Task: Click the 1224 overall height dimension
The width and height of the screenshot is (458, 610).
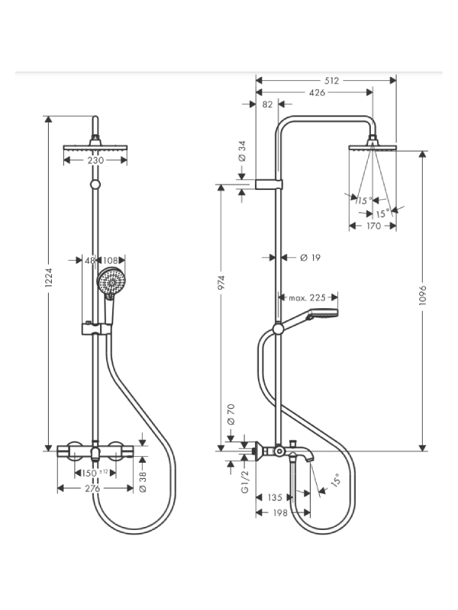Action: click(x=48, y=278)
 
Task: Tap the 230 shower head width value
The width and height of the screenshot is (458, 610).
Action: click(x=95, y=160)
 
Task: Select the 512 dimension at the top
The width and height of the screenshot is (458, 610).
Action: click(x=332, y=81)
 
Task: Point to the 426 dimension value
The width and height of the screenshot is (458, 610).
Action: click(x=317, y=92)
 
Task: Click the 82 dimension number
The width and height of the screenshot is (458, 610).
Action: click(x=267, y=104)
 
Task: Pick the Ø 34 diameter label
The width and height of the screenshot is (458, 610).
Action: click(x=242, y=151)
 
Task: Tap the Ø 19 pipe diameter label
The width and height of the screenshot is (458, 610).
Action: click(x=310, y=258)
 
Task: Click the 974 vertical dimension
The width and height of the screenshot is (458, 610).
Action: click(x=221, y=282)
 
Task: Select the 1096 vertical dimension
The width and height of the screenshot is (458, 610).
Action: click(x=423, y=295)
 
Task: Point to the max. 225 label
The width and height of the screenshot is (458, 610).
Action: click(x=307, y=298)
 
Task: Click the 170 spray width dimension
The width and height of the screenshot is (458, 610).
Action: click(x=373, y=226)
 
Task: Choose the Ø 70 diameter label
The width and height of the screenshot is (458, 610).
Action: click(x=231, y=414)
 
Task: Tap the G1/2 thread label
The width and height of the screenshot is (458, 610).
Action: click(x=244, y=482)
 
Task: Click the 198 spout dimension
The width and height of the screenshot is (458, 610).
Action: click(x=280, y=512)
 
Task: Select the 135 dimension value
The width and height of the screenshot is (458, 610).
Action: click(x=275, y=497)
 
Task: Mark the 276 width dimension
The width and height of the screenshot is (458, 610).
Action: click(x=92, y=489)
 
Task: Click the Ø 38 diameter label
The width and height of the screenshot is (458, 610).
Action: click(x=143, y=482)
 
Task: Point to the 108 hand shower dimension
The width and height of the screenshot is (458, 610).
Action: click(x=110, y=260)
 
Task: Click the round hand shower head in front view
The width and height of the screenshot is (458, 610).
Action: click(x=111, y=281)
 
